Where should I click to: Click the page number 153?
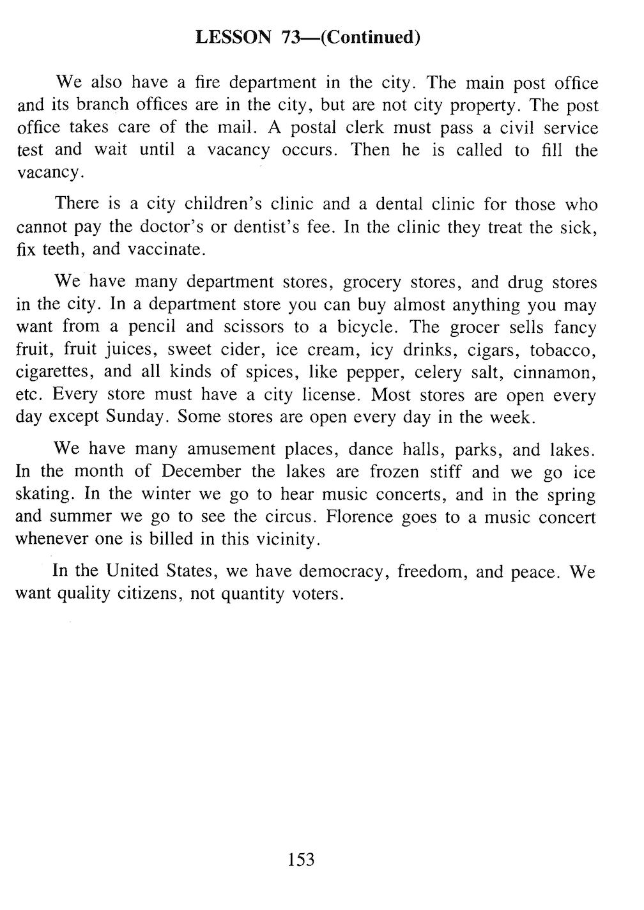point(301,860)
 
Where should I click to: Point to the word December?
point(201,472)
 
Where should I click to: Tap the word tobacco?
point(563,350)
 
